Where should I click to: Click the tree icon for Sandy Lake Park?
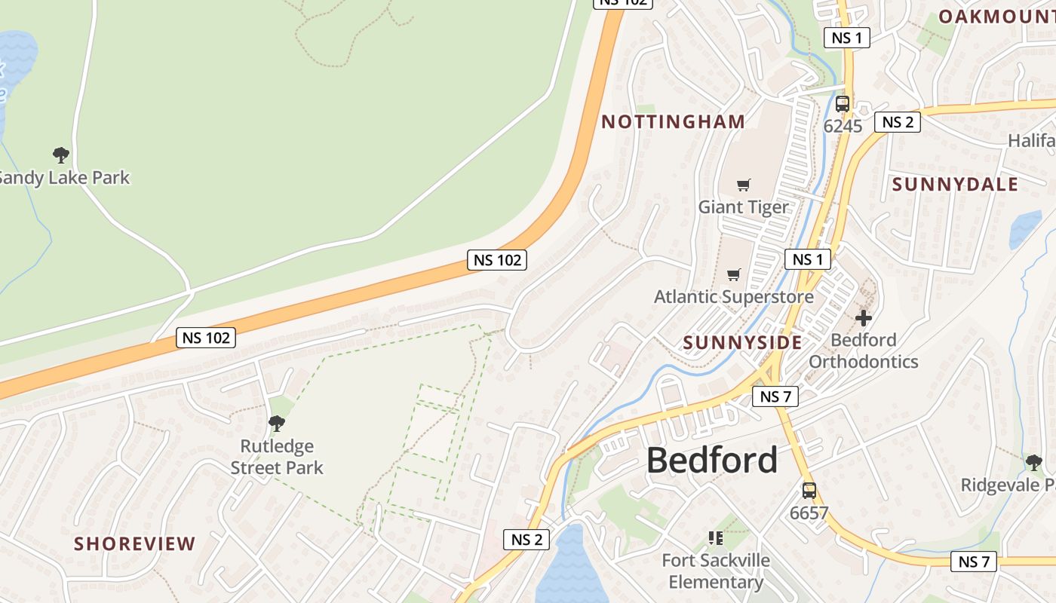(x=61, y=155)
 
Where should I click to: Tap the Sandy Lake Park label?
(x=65, y=178)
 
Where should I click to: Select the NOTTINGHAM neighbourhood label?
(x=673, y=121)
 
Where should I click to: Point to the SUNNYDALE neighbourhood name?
(x=955, y=184)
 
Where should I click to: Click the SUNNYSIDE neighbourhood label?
(x=742, y=342)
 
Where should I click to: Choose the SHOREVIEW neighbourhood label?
(x=135, y=543)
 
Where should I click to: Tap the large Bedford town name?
(x=711, y=460)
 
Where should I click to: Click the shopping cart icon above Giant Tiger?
(x=744, y=185)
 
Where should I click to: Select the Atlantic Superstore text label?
(x=733, y=296)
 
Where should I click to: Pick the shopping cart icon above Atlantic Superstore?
(x=733, y=274)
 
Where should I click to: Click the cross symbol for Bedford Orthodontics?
(x=864, y=318)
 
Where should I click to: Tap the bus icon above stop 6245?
(x=843, y=105)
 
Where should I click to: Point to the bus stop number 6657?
(x=809, y=513)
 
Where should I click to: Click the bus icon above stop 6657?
(x=809, y=491)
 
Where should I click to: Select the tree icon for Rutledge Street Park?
(x=277, y=424)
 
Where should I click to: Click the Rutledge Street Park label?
(x=277, y=457)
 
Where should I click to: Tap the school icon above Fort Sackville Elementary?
(x=715, y=538)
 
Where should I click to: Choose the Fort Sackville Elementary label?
(x=715, y=571)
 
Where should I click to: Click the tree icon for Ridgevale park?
(x=1033, y=462)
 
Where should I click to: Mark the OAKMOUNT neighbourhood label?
(x=996, y=16)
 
